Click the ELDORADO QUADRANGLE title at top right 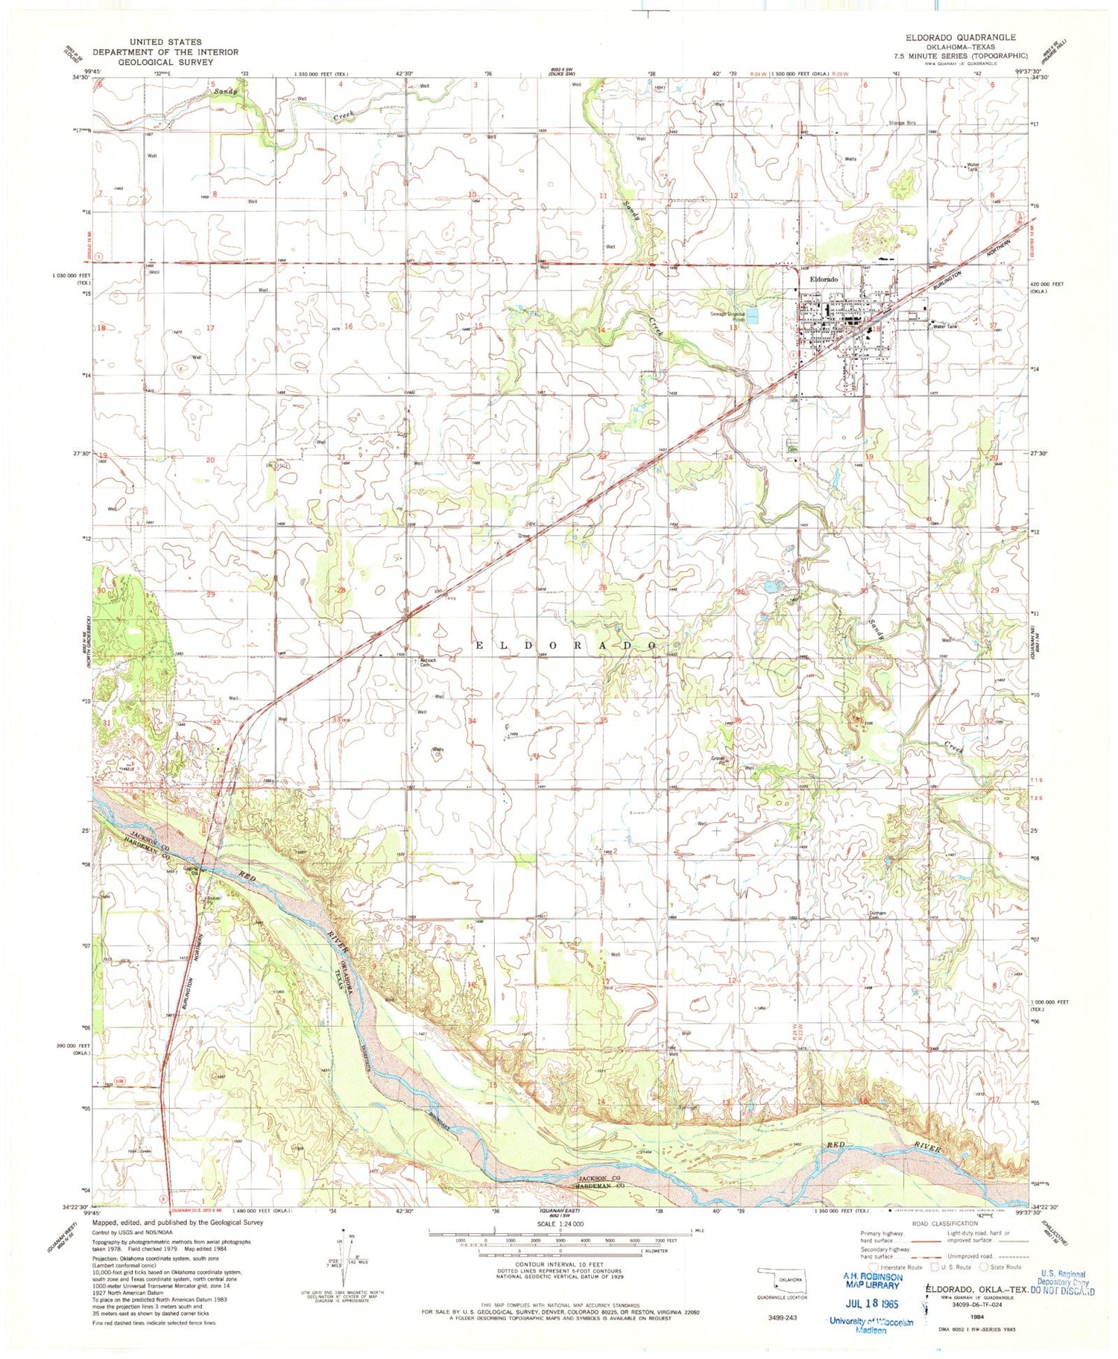[960, 37]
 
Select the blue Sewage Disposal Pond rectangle [753, 316]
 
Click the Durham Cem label [879, 917]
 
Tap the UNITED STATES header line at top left [165, 42]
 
